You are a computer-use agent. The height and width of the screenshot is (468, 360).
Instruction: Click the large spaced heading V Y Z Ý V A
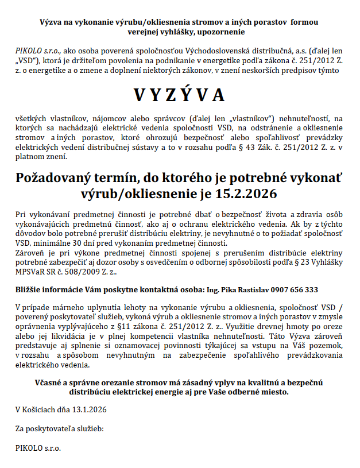[x=179, y=95]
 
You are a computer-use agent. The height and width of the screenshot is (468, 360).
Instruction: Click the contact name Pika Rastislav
[x=243, y=290]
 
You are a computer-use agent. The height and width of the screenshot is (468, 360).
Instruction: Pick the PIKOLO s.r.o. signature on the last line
[x=38, y=447]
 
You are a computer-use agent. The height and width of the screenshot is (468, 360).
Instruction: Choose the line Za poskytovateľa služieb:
[x=59, y=428]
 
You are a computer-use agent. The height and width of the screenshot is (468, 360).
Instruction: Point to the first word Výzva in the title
[x=51, y=21]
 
